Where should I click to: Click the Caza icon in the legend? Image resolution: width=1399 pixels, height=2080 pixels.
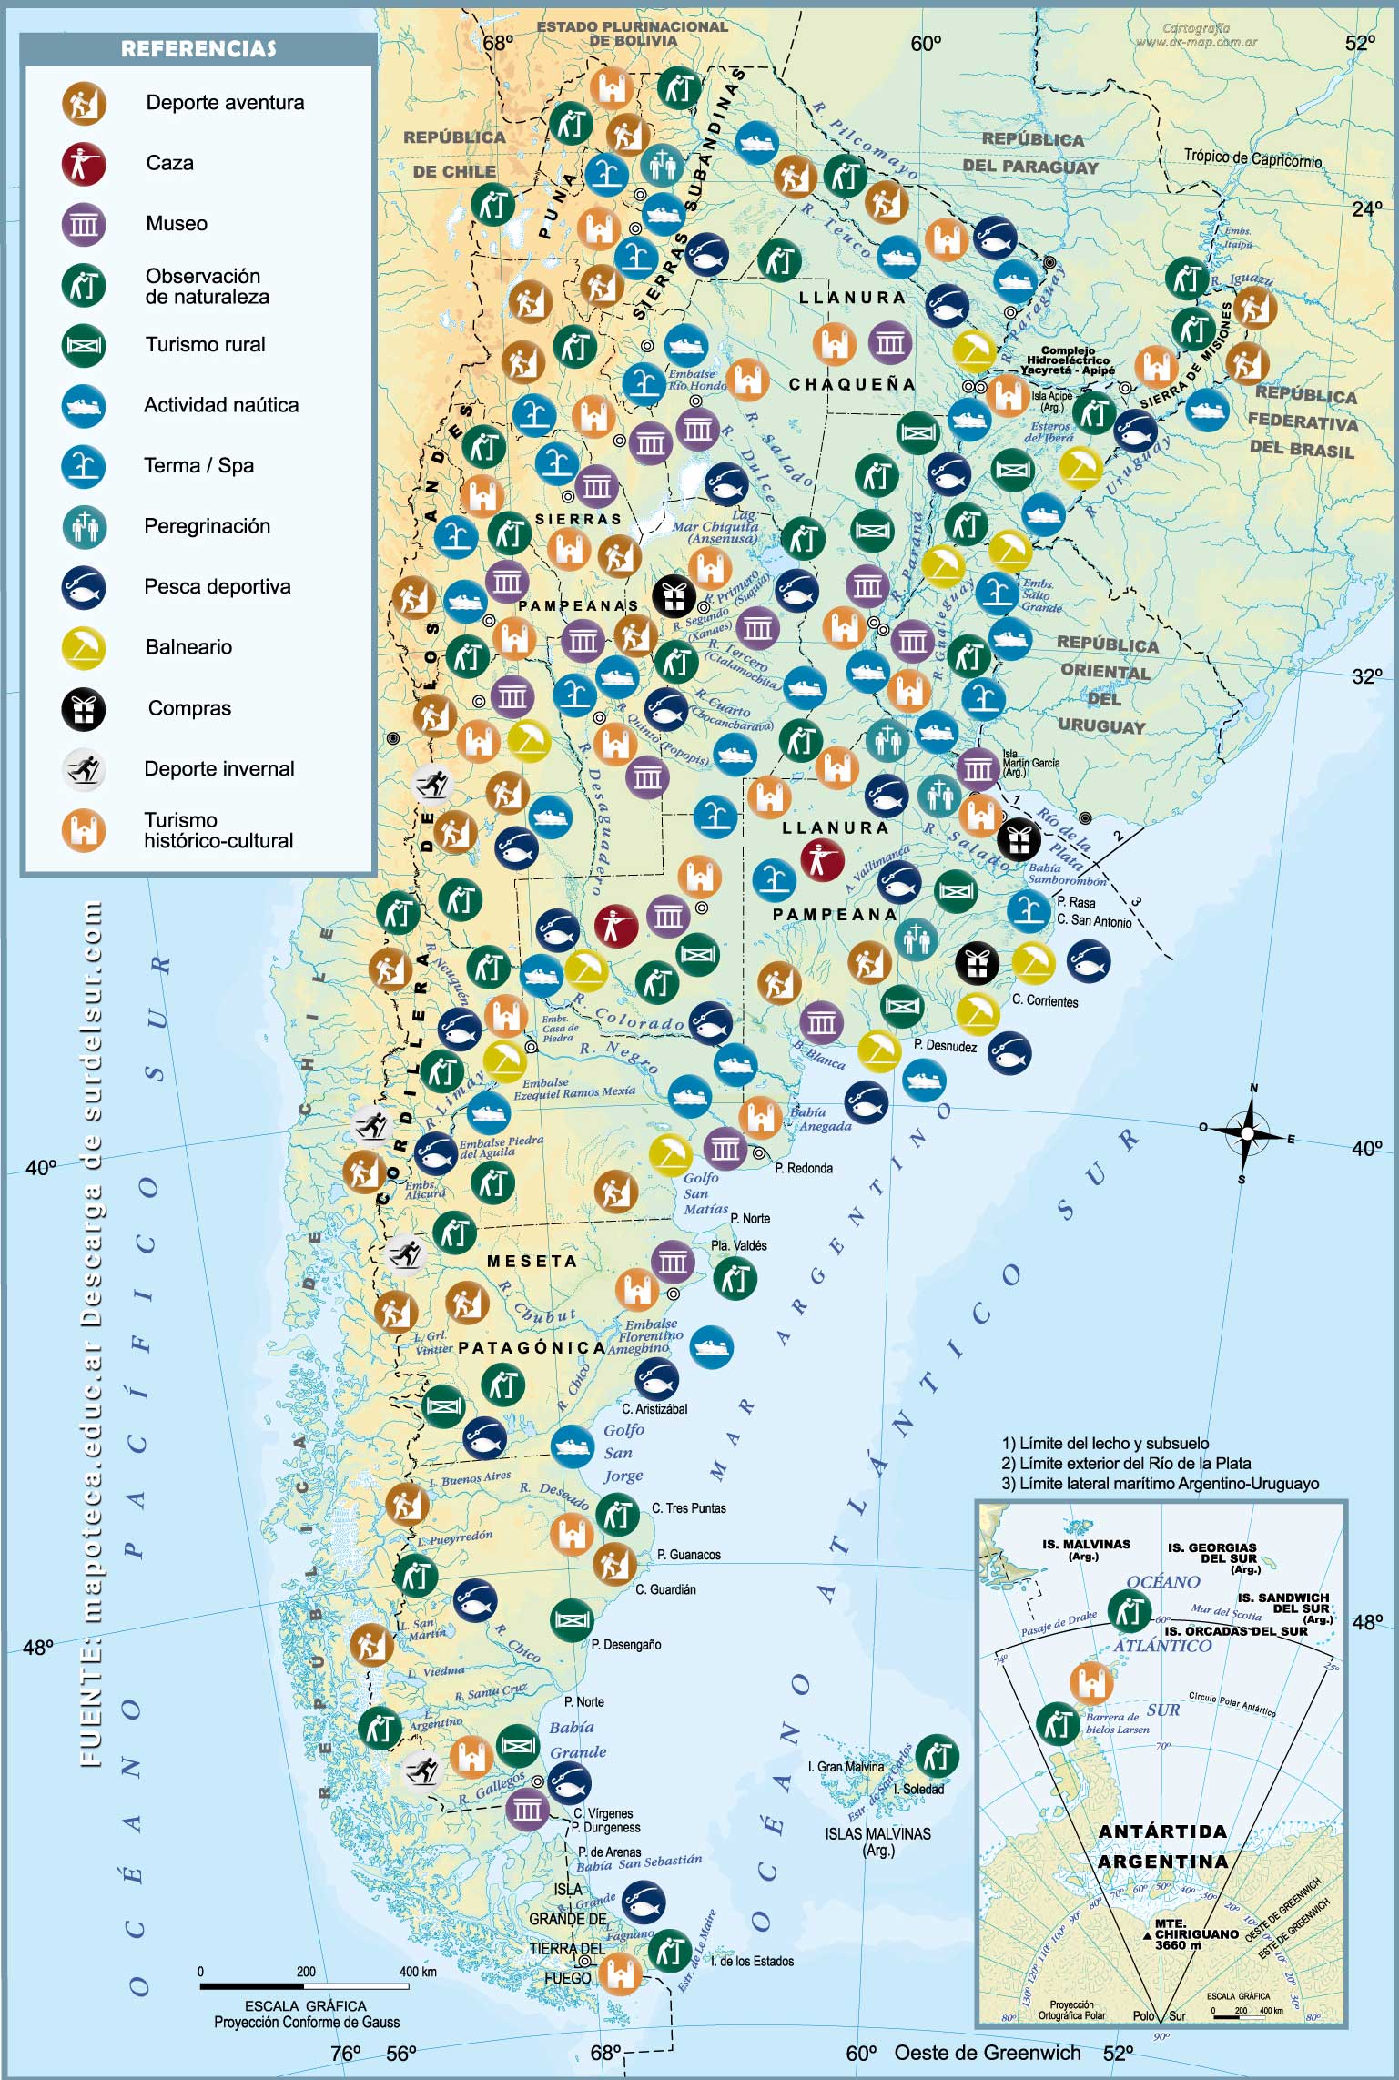pos(84,164)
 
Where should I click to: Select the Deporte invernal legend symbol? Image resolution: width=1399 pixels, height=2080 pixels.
pos(84,769)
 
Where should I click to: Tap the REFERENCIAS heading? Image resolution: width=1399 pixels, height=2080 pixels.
pos(198,49)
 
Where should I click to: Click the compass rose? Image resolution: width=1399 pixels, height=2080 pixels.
pos(1246,1132)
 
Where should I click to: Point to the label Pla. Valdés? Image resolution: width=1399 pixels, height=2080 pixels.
pos(738,1245)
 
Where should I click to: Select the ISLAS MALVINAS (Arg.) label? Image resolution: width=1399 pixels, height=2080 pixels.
pos(877,1842)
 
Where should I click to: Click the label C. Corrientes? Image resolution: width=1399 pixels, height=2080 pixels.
pos(1045,1001)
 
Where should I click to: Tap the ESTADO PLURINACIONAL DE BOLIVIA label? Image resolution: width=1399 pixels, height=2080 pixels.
pos(633,34)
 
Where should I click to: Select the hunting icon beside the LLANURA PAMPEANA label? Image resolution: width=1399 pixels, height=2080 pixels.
pos(822,859)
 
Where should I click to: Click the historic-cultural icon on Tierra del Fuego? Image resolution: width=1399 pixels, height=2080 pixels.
pos(620,1973)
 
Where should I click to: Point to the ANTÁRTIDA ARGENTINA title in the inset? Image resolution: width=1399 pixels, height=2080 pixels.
pos(1162,1846)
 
